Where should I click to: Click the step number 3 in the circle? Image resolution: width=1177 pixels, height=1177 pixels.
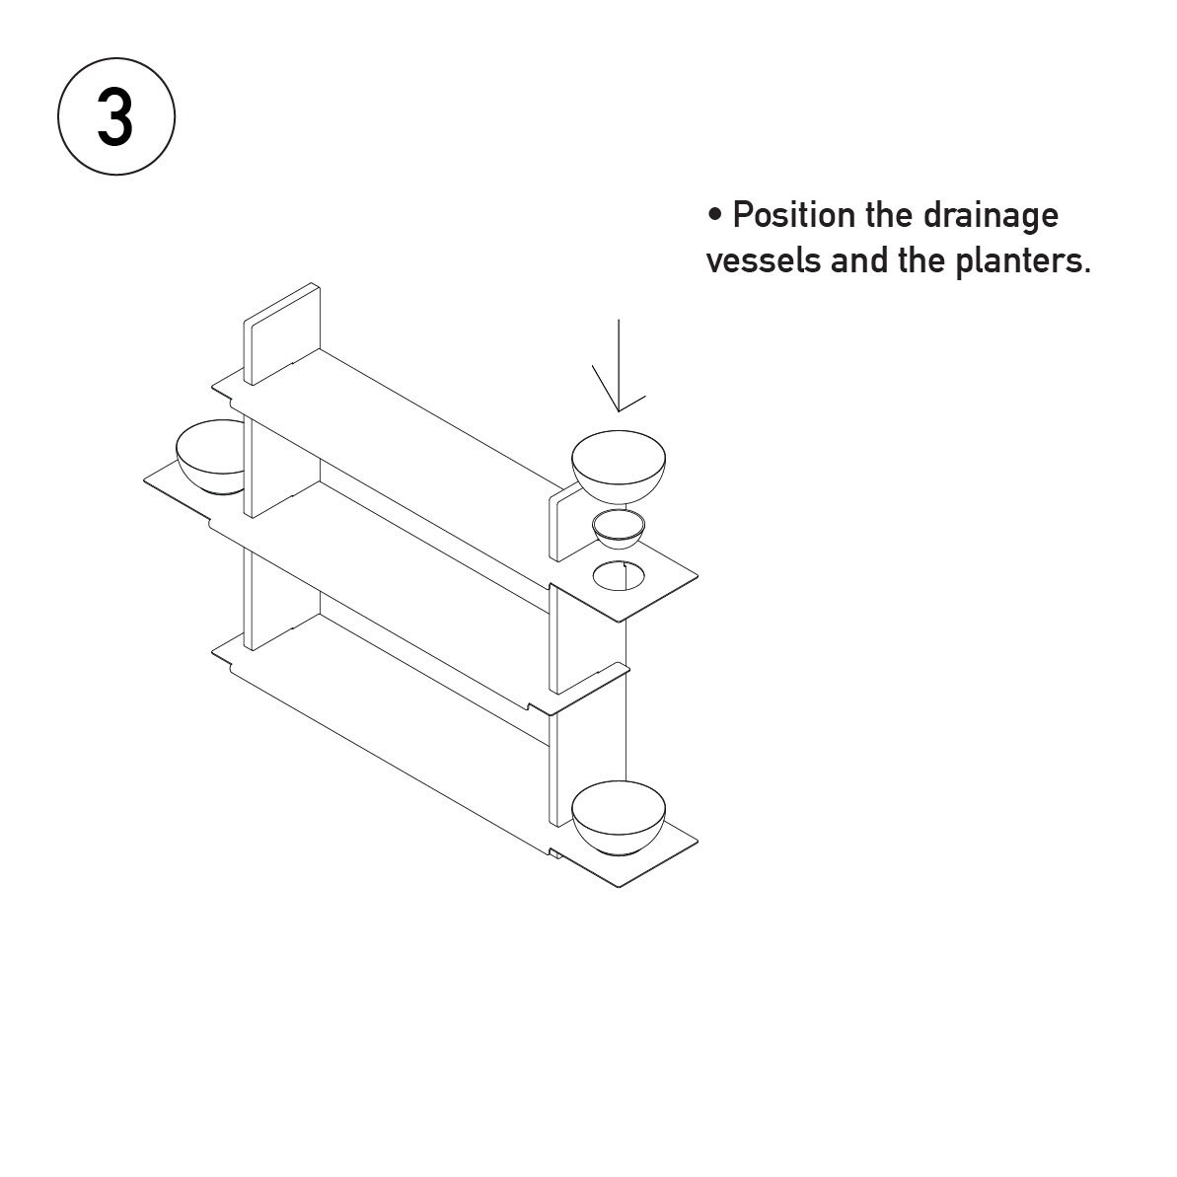[x=115, y=118]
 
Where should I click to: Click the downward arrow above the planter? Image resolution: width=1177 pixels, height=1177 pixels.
[x=619, y=365]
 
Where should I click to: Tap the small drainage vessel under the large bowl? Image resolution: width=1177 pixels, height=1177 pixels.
[x=619, y=529]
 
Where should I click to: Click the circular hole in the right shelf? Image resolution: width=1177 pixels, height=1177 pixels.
[x=618, y=575]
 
